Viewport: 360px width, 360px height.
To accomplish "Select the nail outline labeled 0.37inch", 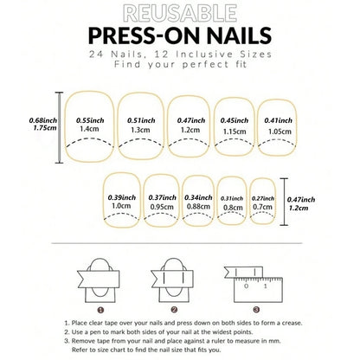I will point(160,203).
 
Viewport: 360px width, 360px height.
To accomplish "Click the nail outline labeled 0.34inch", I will point(198,203).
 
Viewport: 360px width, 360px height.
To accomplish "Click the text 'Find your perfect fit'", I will point(179,67).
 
